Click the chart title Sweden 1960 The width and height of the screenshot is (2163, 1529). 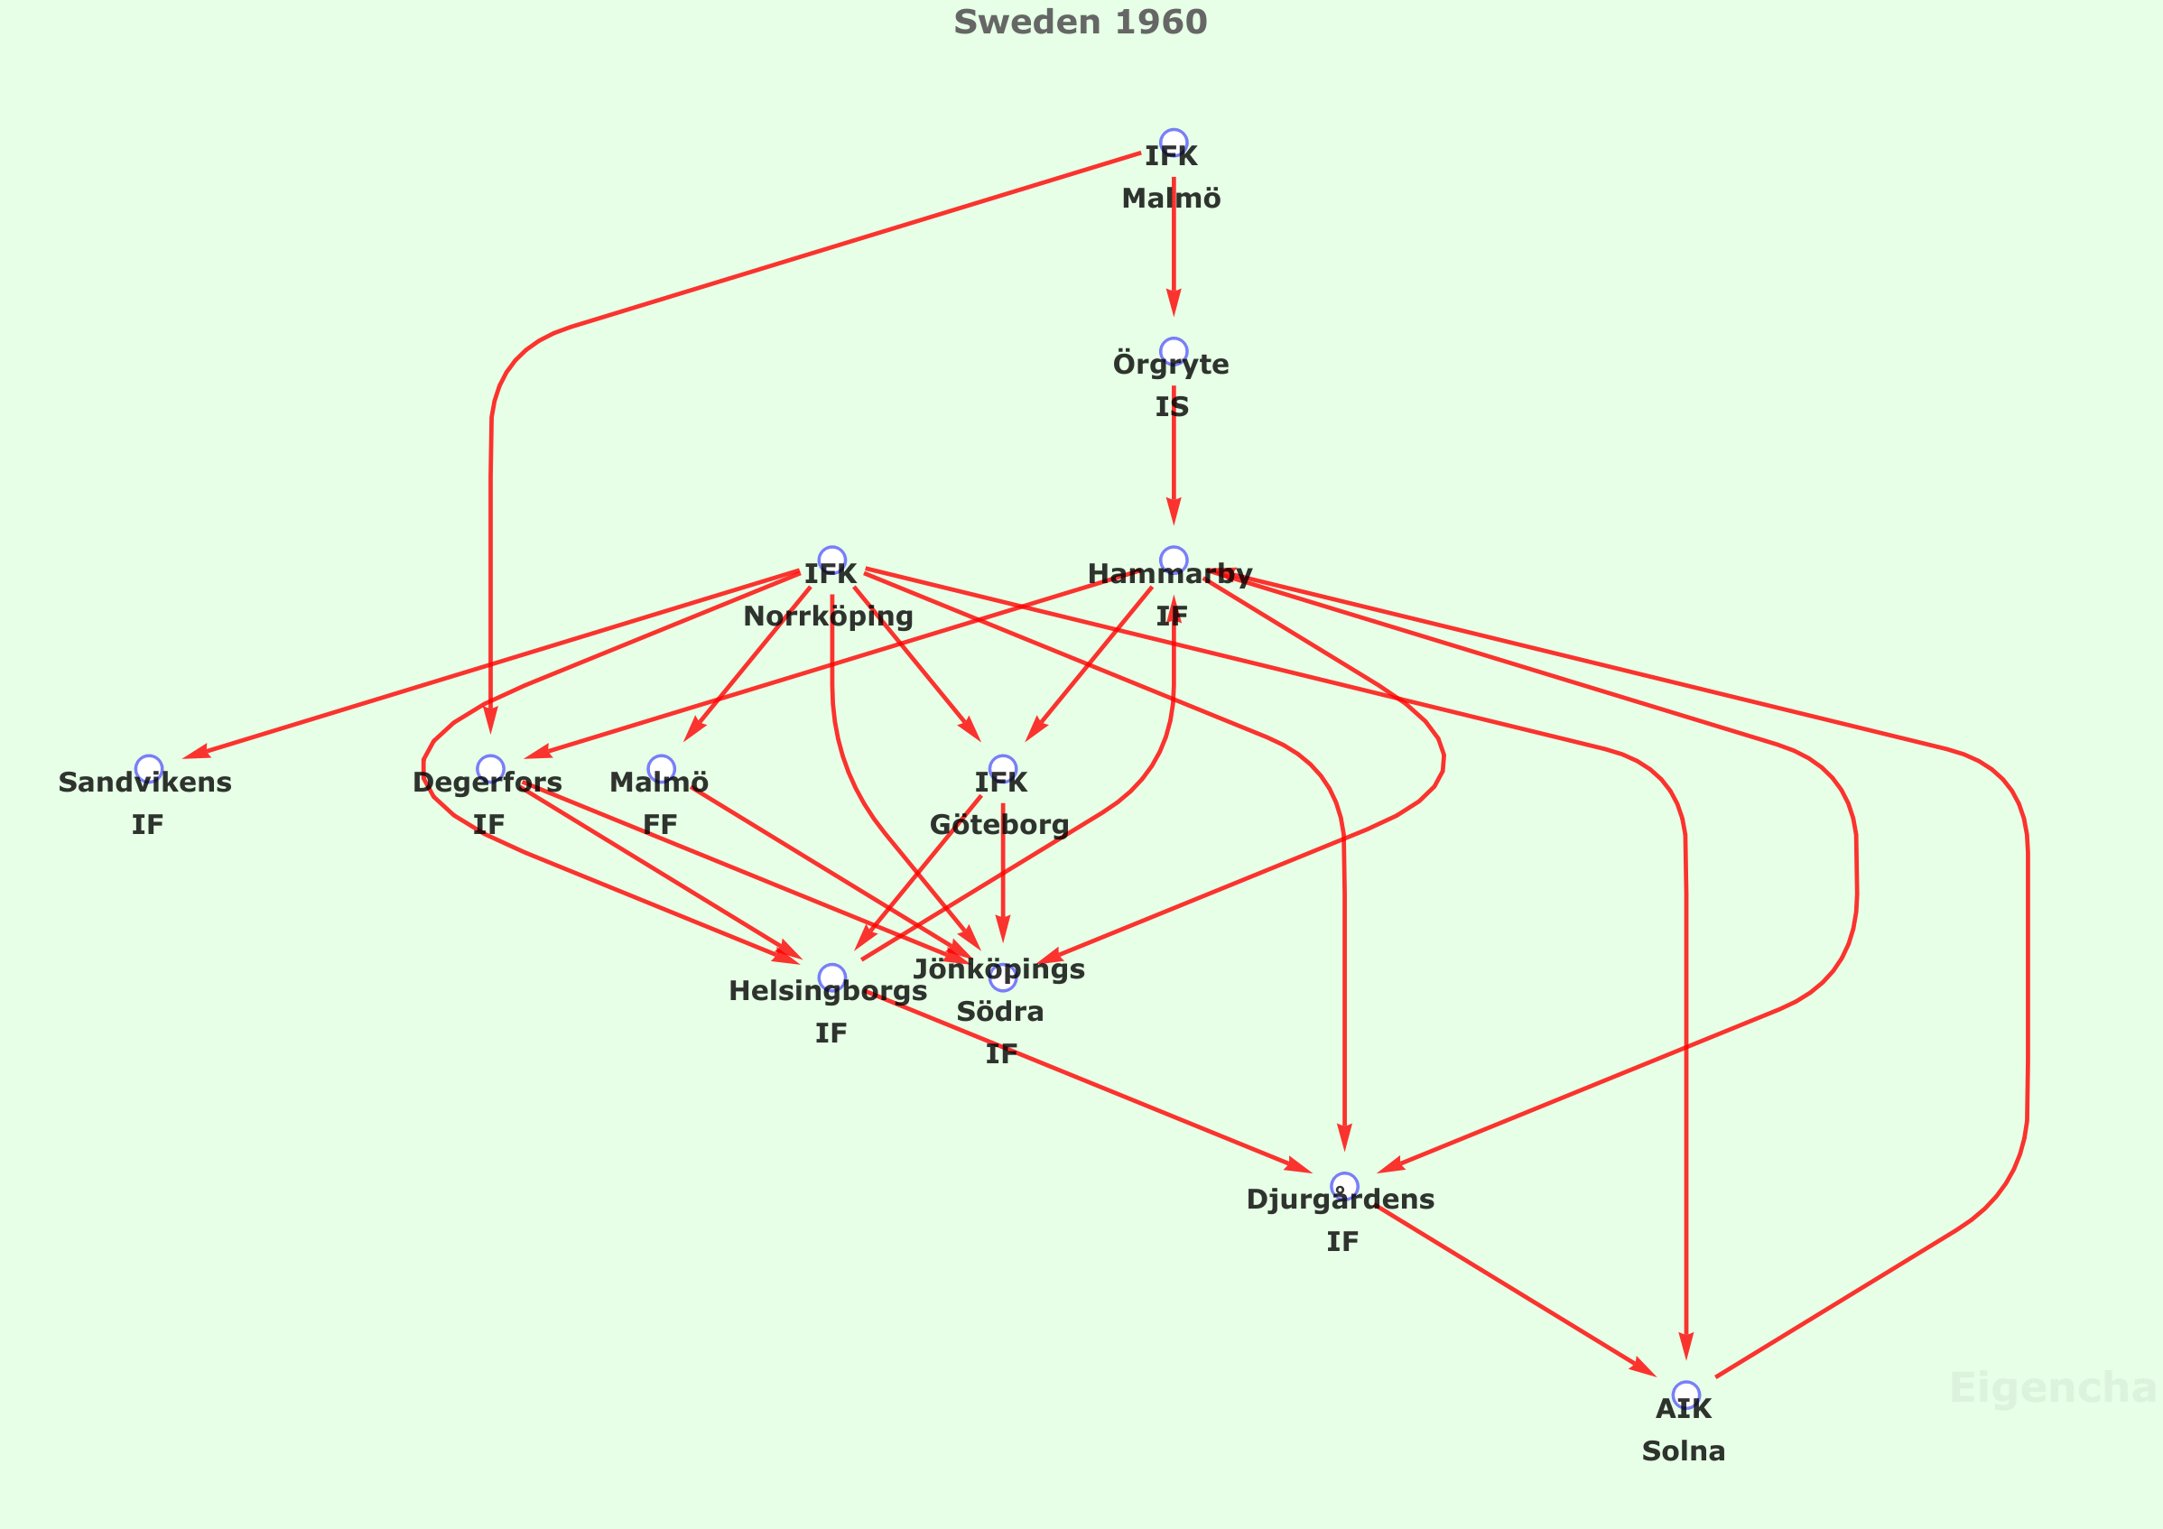coord(1080,22)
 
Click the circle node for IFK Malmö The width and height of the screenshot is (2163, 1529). coord(1173,143)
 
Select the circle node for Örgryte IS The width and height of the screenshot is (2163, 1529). coord(1173,351)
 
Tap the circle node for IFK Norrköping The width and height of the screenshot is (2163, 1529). coord(831,560)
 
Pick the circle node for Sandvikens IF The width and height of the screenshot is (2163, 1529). coord(149,769)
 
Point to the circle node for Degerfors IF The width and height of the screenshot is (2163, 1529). coord(490,769)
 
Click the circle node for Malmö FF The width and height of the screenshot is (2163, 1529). coord(662,769)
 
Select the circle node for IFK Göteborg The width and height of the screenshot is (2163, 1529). coord(1002,769)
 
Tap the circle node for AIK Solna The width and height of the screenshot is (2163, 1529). coord(1685,1395)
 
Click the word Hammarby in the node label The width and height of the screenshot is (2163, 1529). coord(1169,574)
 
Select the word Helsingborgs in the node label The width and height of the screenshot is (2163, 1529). coord(827,991)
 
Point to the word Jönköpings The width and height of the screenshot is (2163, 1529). coord(998,969)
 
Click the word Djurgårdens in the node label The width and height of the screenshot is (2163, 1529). coord(1340,1200)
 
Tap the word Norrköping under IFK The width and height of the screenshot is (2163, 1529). coord(828,616)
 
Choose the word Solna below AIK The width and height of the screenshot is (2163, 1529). coord(1684,1451)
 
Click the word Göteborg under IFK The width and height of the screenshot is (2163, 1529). coord(998,825)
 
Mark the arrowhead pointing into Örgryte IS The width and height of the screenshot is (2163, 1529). coord(1173,303)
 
